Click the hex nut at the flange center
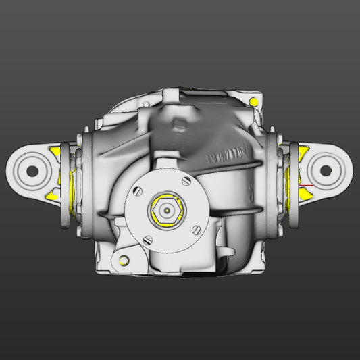[166, 211]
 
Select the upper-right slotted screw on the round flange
[186, 181]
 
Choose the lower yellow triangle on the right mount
[305, 194]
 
